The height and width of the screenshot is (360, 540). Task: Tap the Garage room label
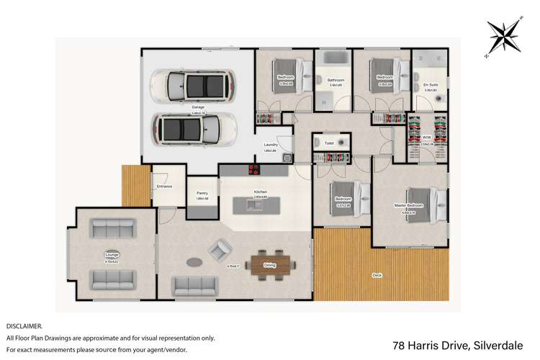[197, 107]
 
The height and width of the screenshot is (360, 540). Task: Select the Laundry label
[271, 145]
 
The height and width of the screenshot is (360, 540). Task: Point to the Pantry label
[202, 193]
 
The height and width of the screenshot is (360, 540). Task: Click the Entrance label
[164, 186]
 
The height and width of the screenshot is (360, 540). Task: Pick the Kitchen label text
[261, 192]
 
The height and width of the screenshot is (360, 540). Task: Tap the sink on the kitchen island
[254, 206]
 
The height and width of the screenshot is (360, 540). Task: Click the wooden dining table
[270, 266]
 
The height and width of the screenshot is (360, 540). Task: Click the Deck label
[377, 275]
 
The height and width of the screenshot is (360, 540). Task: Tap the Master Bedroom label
[409, 205]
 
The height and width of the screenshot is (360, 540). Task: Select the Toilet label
[329, 143]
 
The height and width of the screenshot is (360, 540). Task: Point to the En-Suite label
[431, 85]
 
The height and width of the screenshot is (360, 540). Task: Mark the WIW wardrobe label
[427, 137]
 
